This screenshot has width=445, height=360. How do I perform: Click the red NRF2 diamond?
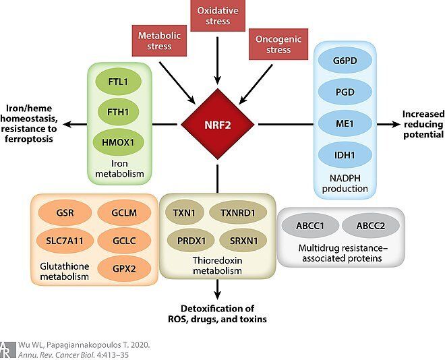[x=218, y=124]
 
